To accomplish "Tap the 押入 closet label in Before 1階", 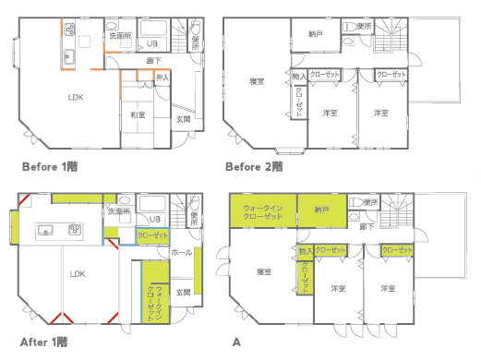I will click(162, 78).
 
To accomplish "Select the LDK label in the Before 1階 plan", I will click(77, 97).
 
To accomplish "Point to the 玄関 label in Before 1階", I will click(184, 118).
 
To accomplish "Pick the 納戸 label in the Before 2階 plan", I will click(317, 35).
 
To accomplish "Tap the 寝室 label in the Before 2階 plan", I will click(257, 82).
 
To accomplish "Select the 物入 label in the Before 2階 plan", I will click(298, 76).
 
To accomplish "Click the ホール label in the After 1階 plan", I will click(181, 251).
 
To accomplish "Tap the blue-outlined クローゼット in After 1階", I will click(152, 236).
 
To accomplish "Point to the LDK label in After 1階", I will click(77, 273).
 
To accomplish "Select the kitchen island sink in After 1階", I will click(47, 229).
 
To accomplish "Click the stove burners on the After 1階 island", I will click(75, 229).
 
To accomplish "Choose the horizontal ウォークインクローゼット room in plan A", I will click(262, 211).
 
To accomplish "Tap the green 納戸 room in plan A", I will click(321, 210).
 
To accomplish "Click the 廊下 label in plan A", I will click(366, 226).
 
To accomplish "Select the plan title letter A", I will click(237, 342).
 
